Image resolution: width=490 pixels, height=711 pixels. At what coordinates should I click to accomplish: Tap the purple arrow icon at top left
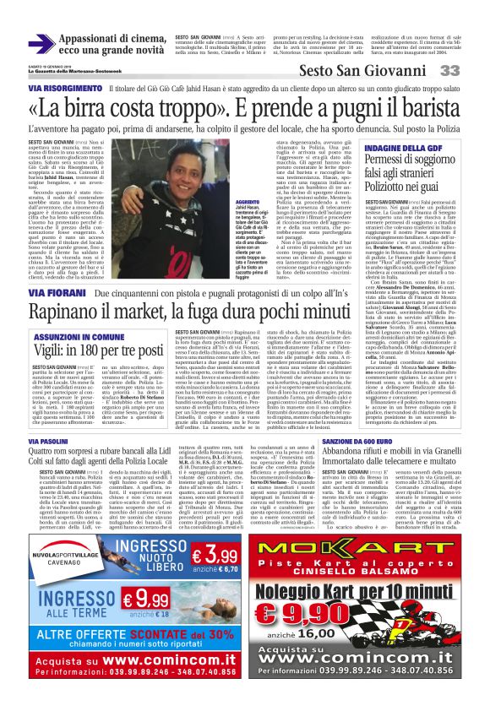(x=41, y=43)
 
